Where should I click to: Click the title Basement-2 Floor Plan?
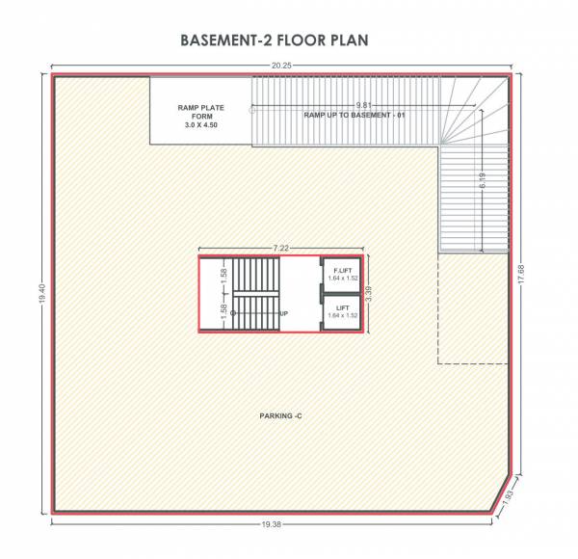click(x=276, y=41)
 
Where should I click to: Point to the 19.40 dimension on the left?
click(x=41, y=300)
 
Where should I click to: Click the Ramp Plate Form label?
click(x=201, y=112)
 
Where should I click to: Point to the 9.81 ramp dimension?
click(x=363, y=103)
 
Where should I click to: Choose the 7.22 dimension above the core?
click(x=280, y=248)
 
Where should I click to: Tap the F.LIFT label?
click(x=341, y=271)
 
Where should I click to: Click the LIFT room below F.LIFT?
click(x=341, y=311)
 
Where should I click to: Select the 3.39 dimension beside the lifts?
click(x=367, y=294)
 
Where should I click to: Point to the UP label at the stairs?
click(x=284, y=313)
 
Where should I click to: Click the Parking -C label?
click(x=281, y=415)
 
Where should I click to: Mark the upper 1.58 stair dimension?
click(x=223, y=274)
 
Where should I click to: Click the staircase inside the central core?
click(x=253, y=294)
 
